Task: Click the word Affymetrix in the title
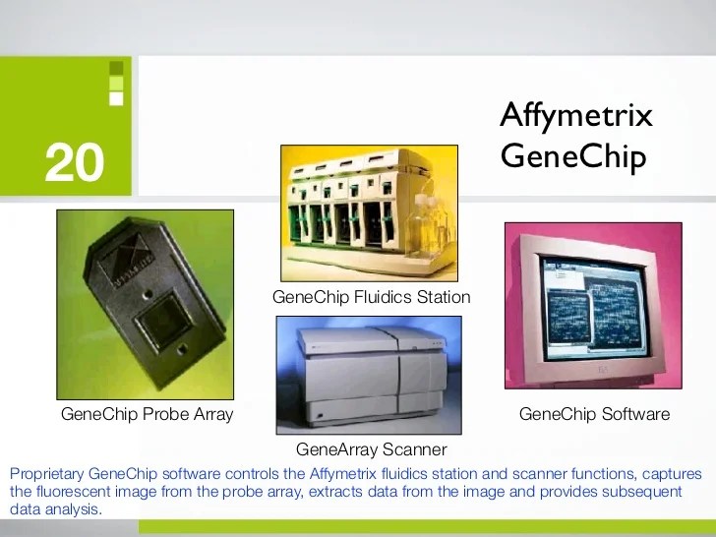pyautogui.click(x=575, y=115)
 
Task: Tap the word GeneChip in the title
pyautogui.click(x=572, y=155)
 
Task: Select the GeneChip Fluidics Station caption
pyautogui.click(x=371, y=296)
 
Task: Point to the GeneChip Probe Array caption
pyautogui.click(x=147, y=414)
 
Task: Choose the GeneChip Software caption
pyautogui.click(x=593, y=414)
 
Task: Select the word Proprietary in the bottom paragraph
pyautogui.click(x=46, y=473)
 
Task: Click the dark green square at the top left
pyautogui.click(x=116, y=68)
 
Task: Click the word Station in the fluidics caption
pyautogui.click(x=442, y=296)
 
